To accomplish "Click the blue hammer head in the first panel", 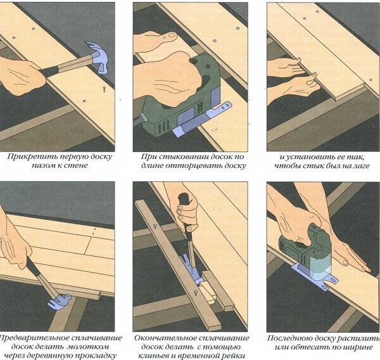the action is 98,56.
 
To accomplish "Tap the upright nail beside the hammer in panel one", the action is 104,89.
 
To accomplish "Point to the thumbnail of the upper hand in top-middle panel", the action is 172,35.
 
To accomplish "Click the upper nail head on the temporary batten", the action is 155,226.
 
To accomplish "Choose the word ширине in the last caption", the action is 357,347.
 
